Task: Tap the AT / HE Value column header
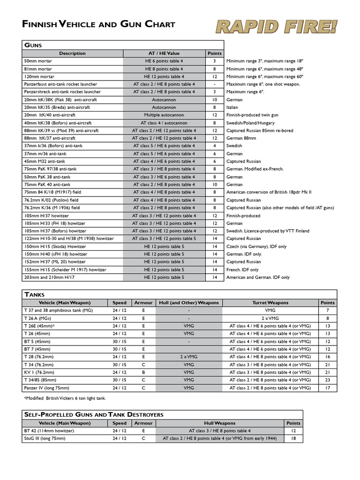click(164, 53)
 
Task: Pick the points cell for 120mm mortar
click(214, 76)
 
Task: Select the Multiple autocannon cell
click(164, 115)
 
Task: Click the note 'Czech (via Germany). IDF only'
click(256, 247)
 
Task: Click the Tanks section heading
click(34, 294)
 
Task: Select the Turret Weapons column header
click(270, 303)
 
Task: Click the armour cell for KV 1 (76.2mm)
click(143, 372)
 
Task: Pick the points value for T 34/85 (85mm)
click(327, 380)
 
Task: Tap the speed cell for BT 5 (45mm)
click(119, 341)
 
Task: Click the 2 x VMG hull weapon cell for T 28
click(188, 357)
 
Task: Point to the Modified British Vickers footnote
click(65, 398)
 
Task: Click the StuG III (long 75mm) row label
click(45, 439)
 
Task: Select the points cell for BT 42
click(293, 431)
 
